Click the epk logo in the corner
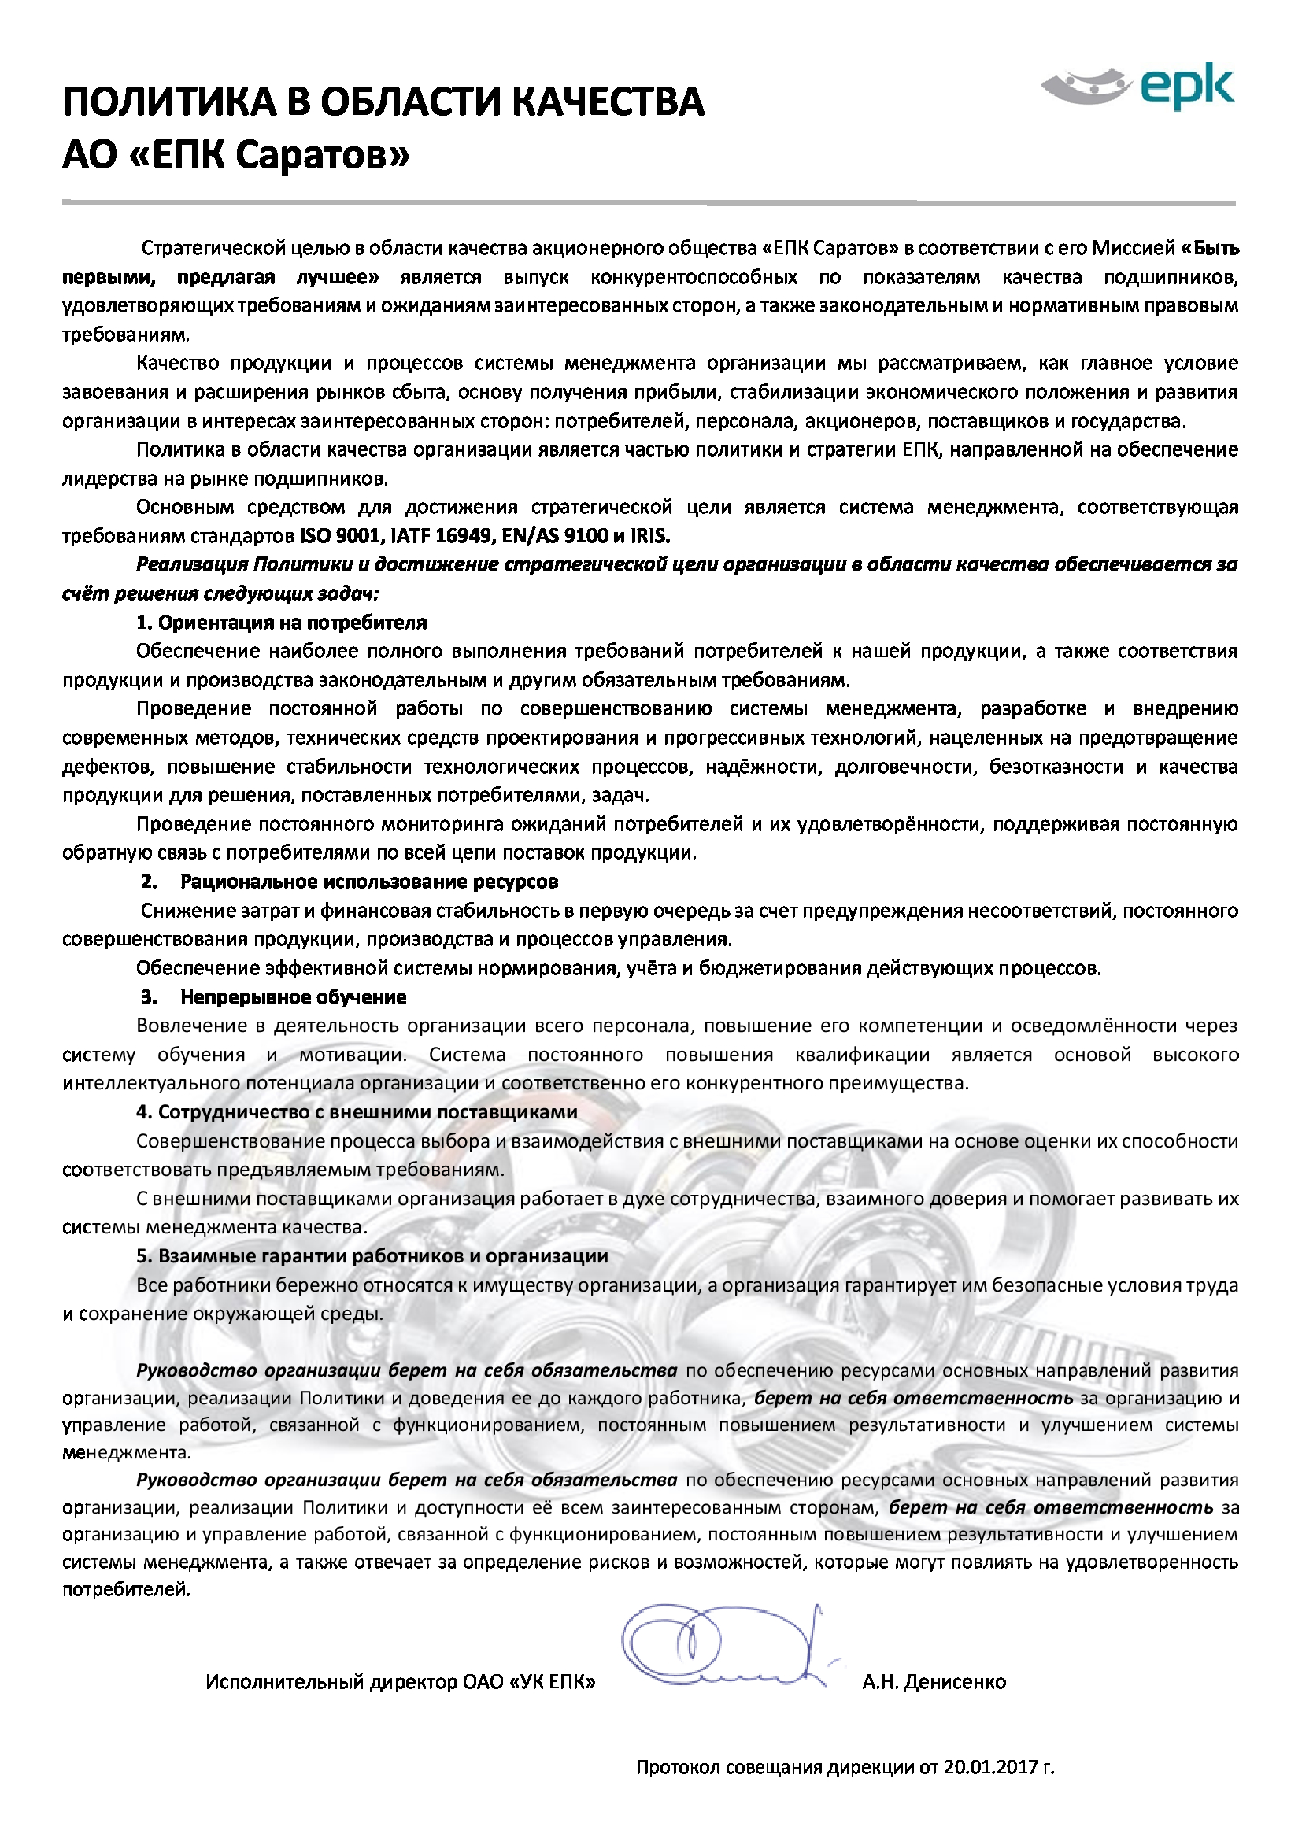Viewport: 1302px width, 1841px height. pos(1137,87)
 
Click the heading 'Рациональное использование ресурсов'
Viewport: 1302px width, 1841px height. pos(368,882)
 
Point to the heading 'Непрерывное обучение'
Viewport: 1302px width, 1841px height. pos(293,996)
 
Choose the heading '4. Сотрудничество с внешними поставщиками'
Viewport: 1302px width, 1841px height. pos(356,1112)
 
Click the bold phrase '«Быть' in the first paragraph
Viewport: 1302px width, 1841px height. pos(1210,249)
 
